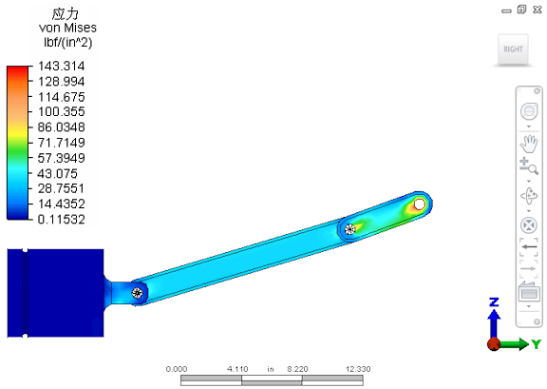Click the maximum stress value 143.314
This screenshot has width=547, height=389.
[62, 66]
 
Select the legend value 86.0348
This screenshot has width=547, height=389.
[62, 126]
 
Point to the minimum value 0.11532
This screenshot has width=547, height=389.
[62, 219]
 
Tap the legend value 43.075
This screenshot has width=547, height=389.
[58, 173]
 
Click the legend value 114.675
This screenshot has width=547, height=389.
[62, 97]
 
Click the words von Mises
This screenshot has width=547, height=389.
[67, 28]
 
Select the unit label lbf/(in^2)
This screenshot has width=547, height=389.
[68, 42]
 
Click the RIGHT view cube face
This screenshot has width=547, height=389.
[513, 49]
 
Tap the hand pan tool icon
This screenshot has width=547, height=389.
[529, 144]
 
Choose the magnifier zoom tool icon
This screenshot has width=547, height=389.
[529, 166]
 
